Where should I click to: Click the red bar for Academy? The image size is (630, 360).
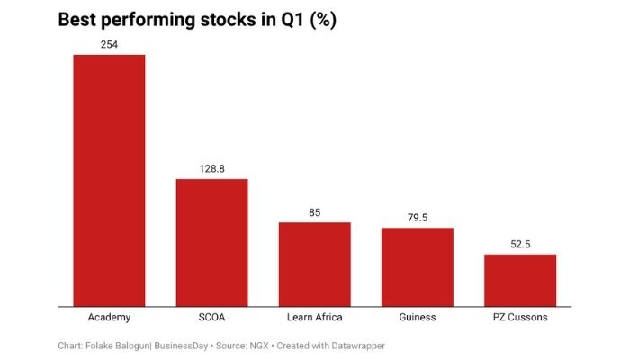[x=109, y=180]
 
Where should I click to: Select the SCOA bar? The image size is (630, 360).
[x=211, y=242]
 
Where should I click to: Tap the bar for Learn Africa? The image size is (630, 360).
[x=314, y=264]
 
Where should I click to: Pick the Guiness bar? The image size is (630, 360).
[x=417, y=266]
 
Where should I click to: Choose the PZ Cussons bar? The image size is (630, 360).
[x=520, y=280]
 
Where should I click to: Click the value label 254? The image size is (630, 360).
[x=109, y=44]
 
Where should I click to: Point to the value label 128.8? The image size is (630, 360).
[x=211, y=168]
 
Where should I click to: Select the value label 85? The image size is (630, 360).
[x=314, y=212]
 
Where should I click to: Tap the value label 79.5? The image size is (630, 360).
[x=417, y=218]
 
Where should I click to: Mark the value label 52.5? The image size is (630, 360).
[x=520, y=244]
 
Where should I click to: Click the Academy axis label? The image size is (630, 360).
[x=109, y=318]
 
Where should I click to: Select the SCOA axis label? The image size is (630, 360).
[x=211, y=318]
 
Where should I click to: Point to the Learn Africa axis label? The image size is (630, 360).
[x=314, y=318]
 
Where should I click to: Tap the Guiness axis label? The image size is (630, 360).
[x=417, y=318]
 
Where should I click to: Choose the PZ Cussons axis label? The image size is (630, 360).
[x=520, y=318]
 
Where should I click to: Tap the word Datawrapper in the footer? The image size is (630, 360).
[x=358, y=345]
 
